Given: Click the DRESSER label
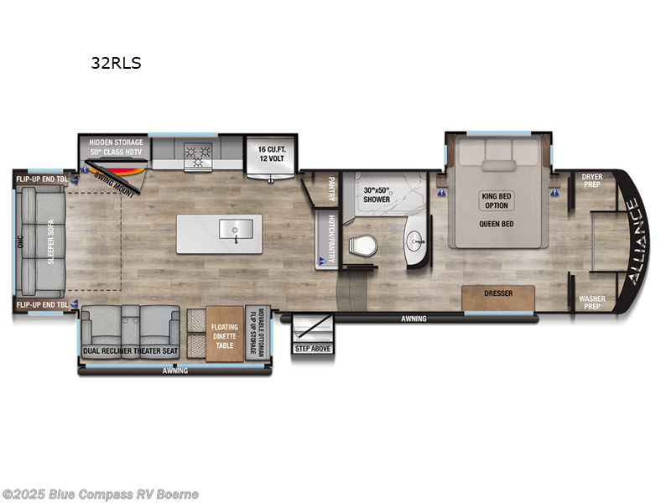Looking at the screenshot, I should click(x=498, y=293).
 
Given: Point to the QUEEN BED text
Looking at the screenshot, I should click(x=497, y=224).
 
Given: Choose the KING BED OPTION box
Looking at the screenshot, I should click(x=497, y=201).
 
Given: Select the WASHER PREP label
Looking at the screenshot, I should click(x=592, y=301).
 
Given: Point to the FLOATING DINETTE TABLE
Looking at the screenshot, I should click(x=224, y=332).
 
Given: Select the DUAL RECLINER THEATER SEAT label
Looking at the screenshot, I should click(x=129, y=351).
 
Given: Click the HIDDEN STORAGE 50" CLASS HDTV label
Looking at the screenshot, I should click(x=116, y=147).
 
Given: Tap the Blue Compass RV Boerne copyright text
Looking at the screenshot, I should click(x=100, y=495).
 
